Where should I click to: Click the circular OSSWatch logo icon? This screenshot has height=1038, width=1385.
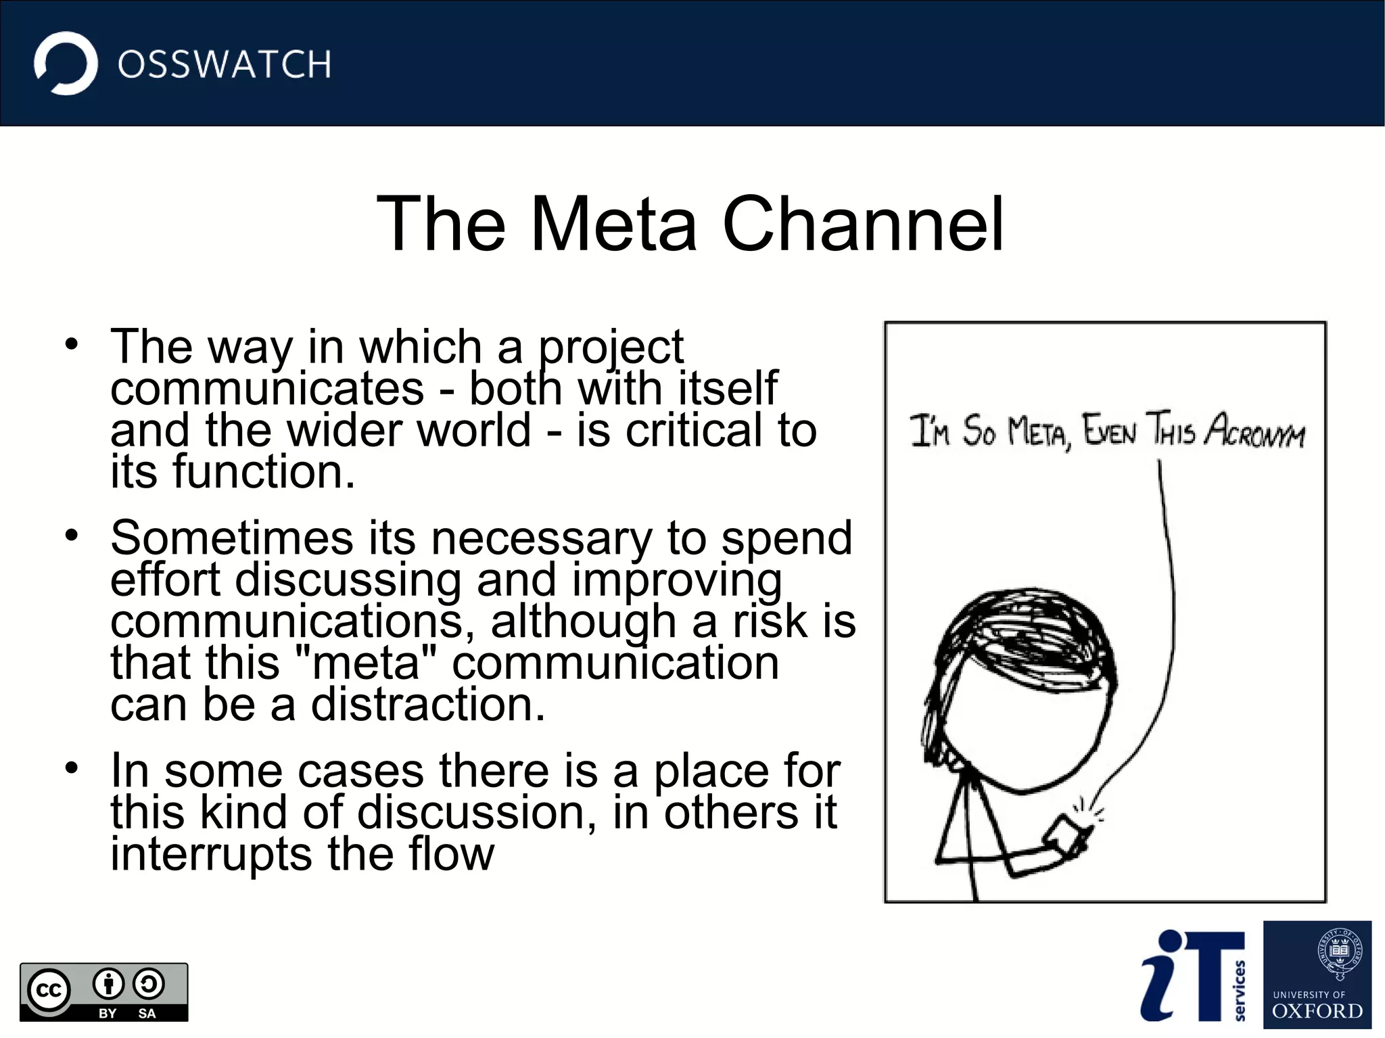[x=66, y=63]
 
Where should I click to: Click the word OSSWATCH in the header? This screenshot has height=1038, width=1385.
[x=225, y=65]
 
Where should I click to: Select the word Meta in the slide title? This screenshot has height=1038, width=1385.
[x=613, y=224]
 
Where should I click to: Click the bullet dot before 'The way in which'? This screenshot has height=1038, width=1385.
[x=72, y=343]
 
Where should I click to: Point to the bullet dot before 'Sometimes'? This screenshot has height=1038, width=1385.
[x=72, y=535]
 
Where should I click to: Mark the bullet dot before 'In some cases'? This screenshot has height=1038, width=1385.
[x=72, y=768]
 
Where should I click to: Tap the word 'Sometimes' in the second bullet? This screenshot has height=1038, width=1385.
[x=232, y=538]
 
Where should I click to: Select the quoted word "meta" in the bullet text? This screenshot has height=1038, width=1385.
[x=367, y=663]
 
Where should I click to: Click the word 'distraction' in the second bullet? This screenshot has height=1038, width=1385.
[x=427, y=705]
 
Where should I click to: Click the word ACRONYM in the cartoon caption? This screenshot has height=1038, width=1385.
[x=1254, y=431]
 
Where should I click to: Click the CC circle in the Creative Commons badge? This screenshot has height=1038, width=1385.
[x=49, y=991]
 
